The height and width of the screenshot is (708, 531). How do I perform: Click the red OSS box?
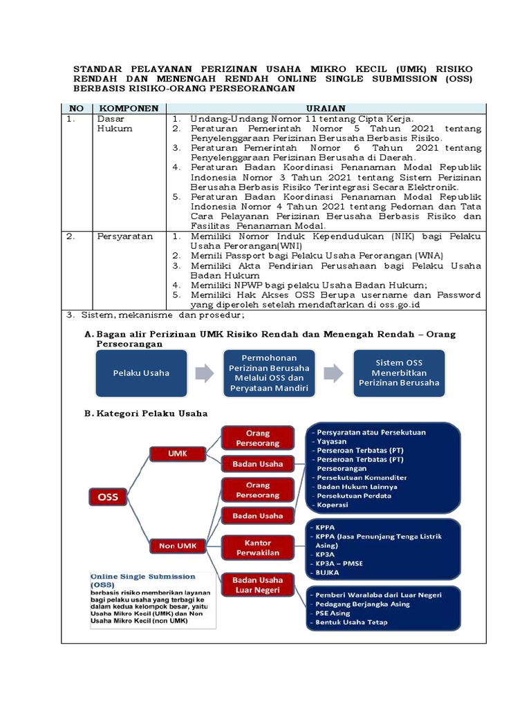[108, 496]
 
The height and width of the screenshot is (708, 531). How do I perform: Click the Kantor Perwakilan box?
[258, 547]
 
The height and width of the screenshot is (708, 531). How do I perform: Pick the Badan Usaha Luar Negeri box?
[258, 584]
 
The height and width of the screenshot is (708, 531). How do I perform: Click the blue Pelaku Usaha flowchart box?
[141, 373]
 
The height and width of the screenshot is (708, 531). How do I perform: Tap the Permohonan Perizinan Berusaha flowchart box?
[269, 373]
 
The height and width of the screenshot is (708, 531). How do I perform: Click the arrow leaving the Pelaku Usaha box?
[205, 373]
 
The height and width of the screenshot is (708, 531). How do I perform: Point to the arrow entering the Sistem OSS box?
[333, 373]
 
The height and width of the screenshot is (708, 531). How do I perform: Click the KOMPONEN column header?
[129, 109]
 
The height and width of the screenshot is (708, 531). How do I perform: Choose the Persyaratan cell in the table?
[124, 236]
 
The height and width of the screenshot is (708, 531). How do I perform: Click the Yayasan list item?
[332, 441]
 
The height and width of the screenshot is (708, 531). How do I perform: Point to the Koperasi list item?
[333, 504]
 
